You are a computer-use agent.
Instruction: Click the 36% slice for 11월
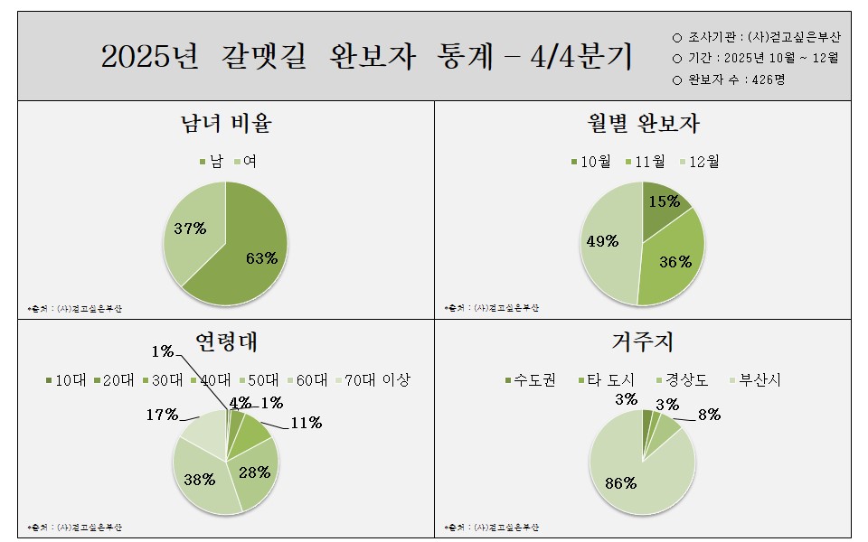point(674,262)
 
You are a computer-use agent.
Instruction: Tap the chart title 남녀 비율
point(226,123)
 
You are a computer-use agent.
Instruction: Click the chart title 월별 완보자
point(643,123)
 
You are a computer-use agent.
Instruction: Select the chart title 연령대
point(226,342)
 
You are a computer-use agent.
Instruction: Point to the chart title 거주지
point(643,342)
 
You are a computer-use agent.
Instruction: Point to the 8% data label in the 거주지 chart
point(709,416)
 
